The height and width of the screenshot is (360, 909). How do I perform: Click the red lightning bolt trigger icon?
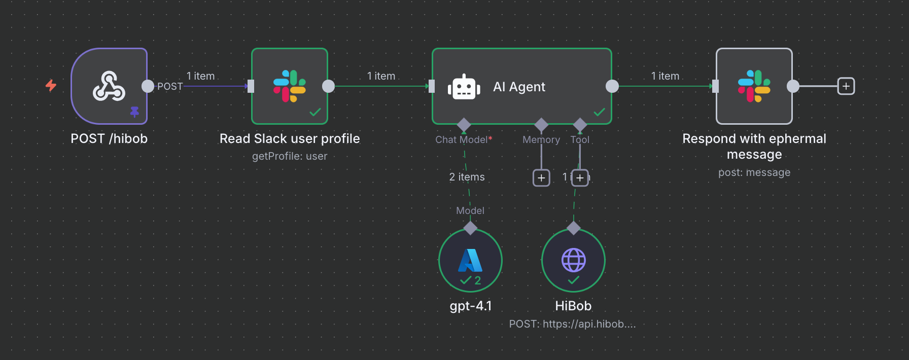coord(51,85)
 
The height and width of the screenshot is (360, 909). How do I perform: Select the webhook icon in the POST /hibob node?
coord(109,86)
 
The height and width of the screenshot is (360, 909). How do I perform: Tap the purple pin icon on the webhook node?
coord(134,112)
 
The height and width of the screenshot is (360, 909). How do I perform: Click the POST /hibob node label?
coord(109,139)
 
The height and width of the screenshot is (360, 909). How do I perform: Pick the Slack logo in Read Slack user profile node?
coord(290,86)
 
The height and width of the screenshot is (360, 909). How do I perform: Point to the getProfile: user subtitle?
coord(290,156)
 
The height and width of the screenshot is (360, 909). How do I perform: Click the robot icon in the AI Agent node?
coord(464,87)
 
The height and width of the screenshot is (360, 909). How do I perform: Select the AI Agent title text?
coord(519,87)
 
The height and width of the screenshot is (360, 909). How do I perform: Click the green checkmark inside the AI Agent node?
coord(599,112)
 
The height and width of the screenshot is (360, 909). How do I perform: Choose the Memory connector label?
coord(541,139)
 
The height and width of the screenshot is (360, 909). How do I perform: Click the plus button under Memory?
coord(541,178)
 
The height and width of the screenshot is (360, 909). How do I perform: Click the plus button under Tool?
coord(580,178)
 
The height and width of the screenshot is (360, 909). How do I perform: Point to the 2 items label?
coord(467,177)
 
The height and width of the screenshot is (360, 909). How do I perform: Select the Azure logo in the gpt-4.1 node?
coord(470,260)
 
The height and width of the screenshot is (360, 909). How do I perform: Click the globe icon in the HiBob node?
coord(574,260)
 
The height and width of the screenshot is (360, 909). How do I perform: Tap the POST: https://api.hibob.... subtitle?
coord(572,324)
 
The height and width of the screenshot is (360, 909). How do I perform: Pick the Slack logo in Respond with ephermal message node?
coord(754,86)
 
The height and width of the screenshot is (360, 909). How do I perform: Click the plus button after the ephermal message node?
coord(846,86)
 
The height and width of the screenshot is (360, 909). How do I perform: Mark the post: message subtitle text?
coord(754,172)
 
